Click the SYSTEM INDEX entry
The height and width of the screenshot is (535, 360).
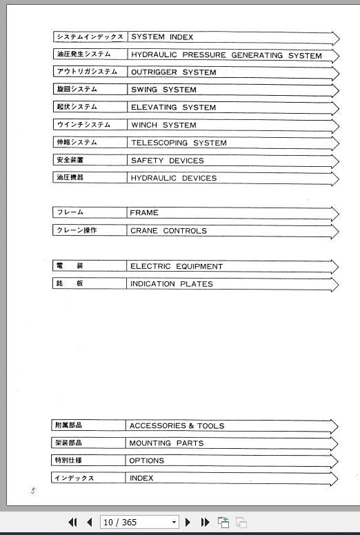(x=162, y=37)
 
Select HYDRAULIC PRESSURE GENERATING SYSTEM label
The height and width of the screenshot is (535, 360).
(x=226, y=55)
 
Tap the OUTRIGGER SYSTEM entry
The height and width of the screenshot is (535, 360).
(x=173, y=72)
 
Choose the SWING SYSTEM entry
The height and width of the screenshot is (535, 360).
(x=163, y=90)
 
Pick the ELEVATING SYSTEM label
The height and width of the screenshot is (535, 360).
(x=173, y=108)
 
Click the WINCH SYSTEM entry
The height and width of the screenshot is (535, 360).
(x=163, y=125)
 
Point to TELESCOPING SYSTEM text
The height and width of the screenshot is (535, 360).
(x=179, y=143)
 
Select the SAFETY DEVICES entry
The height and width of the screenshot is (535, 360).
(x=167, y=161)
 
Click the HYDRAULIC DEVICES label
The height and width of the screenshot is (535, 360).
(x=173, y=178)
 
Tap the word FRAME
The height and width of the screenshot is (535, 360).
(x=144, y=213)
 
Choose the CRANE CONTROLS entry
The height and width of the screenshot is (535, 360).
(x=168, y=231)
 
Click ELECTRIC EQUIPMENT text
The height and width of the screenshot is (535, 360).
(x=177, y=266)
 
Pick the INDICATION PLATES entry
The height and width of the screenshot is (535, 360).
(x=172, y=284)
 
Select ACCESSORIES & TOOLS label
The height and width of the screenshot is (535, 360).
(x=177, y=426)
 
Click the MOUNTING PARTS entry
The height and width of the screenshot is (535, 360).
(x=166, y=443)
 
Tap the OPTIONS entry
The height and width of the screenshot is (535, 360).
(x=146, y=461)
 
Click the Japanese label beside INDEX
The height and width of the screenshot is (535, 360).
(x=74, y=478)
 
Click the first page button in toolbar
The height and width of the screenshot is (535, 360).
(x=72, y=523)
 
